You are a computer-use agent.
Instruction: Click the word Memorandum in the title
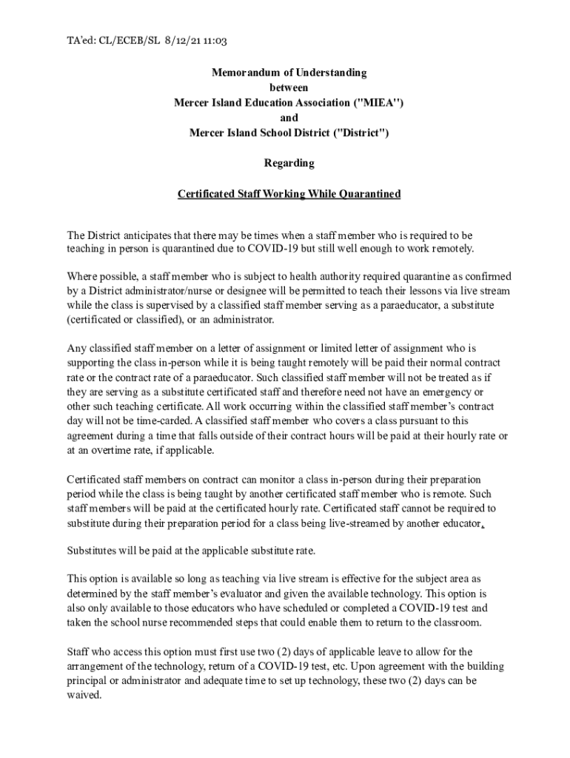tap(245, 73)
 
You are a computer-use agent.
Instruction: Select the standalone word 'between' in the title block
tap(289, 87)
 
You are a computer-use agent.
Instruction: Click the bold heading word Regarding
tap(289, 163)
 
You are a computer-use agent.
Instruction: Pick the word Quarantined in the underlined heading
tap(369, 194)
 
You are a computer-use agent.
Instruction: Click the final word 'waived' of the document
tap(83, 695)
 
